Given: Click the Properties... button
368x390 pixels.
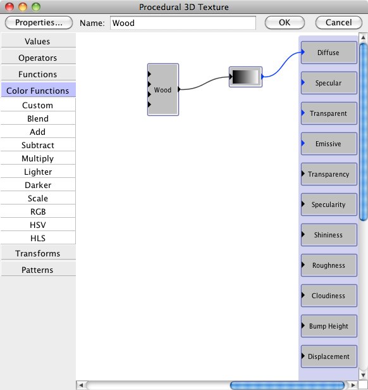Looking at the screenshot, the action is (39, 23).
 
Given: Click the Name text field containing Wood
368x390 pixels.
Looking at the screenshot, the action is (183, 23).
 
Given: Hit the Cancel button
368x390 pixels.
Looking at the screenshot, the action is (339, 23).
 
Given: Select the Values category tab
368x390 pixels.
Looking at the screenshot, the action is (38, 41).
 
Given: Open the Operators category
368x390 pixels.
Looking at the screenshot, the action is (38, 58).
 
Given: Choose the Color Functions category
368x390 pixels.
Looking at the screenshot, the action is (38, 91).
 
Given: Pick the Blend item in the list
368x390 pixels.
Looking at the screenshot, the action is (38, 118).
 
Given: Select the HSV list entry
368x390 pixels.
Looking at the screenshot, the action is (38, 225).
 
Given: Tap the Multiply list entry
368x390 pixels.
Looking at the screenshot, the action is (38, 158).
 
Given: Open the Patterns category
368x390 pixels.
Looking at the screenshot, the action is (38, 270).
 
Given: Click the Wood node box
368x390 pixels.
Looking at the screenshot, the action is (163, 89).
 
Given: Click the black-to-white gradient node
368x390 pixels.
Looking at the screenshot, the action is (245, 77).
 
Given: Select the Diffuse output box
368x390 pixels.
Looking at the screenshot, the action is (329, 53).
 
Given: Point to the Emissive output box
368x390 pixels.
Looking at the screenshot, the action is (329, 144).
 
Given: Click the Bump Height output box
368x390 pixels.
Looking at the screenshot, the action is (329, 326).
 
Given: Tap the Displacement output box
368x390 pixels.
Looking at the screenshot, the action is (329, 356).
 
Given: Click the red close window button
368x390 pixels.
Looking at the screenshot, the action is (9, 7).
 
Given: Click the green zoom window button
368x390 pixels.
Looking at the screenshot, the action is (36, 7).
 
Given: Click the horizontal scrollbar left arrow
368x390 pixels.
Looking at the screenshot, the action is (81, 386).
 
